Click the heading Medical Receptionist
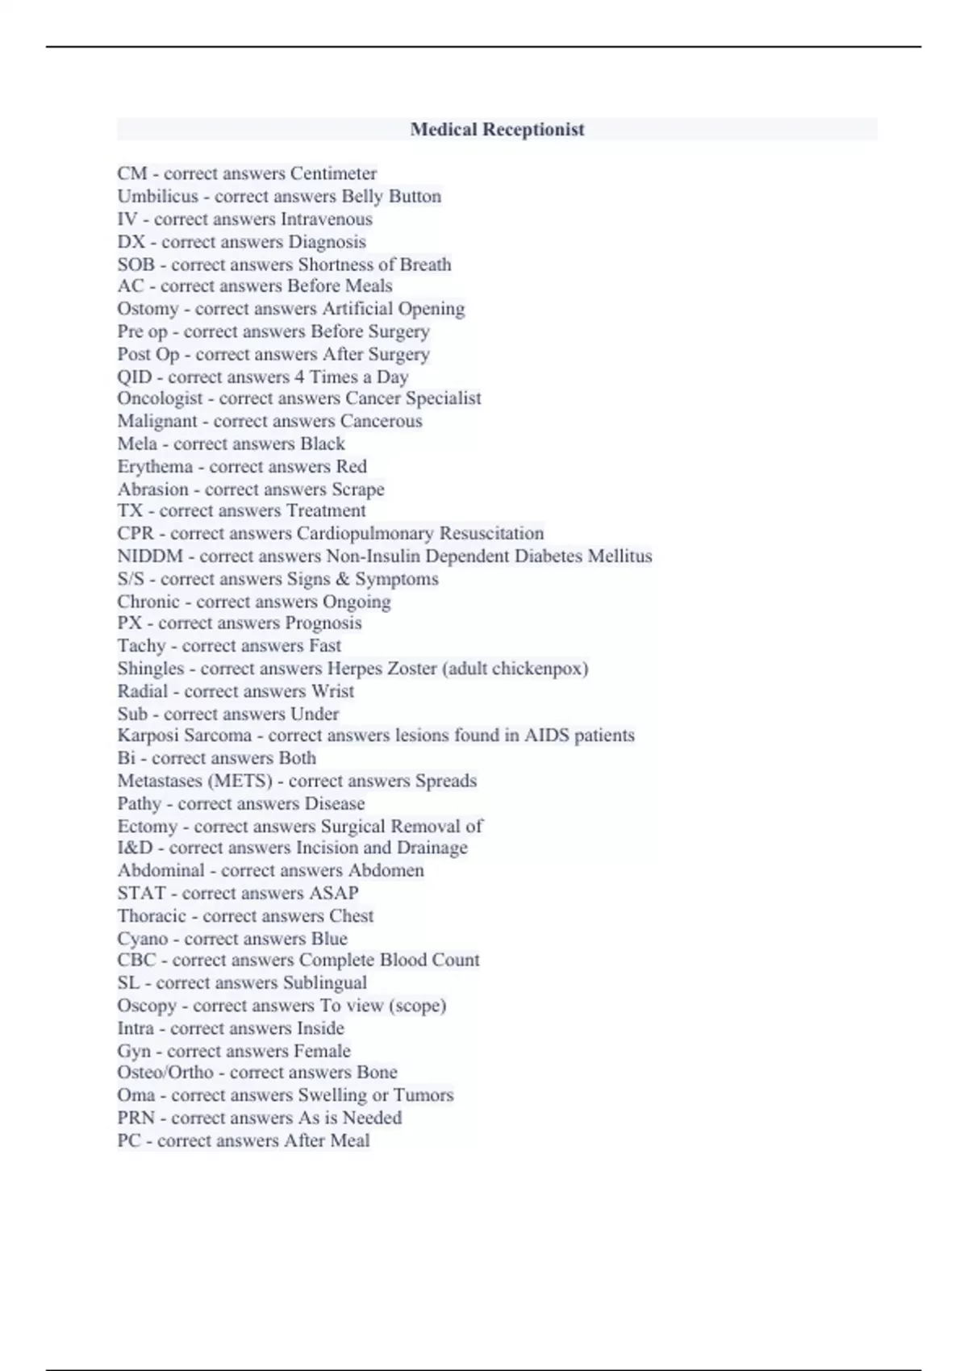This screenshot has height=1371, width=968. pos(497,129)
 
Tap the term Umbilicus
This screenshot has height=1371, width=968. pos(157,196)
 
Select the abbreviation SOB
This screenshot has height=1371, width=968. pos(136,265)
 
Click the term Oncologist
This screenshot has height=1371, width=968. pos(160,398)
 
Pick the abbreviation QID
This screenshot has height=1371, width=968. pos(134,377)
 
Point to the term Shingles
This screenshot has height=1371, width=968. pos(151,669)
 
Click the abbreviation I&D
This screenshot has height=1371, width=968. pos(135,848)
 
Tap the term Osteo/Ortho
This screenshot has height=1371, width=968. pos(165,1073)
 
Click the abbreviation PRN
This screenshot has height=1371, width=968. pos(136,1118)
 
